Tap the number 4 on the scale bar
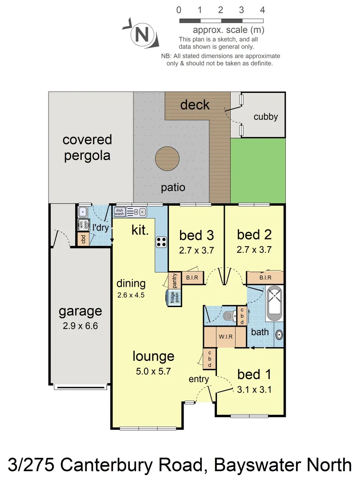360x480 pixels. [x=262, y=10]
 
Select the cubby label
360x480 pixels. [x=266, y=117]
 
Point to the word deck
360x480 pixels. [x=195, y=105]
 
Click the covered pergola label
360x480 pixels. [x=87, y=148]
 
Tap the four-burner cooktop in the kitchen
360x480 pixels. [x=161, y=242]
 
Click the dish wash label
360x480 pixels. [x=120, y=212]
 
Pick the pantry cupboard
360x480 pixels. [x=175, y=280]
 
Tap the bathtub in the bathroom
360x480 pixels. [x=274, y=304]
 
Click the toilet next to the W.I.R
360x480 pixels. [x=228, y=316]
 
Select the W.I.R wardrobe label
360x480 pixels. [x=225, y=336]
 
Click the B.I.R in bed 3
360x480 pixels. [x=192, y=278]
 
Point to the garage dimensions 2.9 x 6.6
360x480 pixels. [x=80, y=326]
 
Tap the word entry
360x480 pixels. [x=199, y=379]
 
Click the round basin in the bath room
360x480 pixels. [x=279, y=335]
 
